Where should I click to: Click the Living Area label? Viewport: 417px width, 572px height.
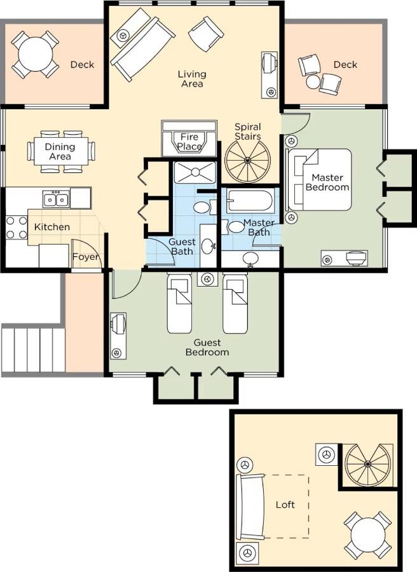pos(192,79)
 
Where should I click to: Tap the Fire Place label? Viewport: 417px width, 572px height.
pos(189,142)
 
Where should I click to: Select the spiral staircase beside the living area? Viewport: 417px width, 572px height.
pos(248,160)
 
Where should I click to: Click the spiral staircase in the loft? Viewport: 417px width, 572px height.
pos(367,464)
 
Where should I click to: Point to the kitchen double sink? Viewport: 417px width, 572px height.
pos(56,199)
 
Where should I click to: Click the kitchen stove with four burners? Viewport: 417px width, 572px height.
pos(17,228)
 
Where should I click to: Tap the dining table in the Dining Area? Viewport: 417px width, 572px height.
pos(60,151)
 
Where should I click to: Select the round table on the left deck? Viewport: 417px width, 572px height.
pos(35,55)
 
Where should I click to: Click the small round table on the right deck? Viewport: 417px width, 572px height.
pos(313,82)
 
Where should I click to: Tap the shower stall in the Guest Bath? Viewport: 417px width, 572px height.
pos(195,172)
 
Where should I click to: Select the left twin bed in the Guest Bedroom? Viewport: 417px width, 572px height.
pos(179,304)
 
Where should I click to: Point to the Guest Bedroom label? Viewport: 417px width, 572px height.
pos(207,347)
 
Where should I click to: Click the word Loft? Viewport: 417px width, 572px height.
pos(285,505)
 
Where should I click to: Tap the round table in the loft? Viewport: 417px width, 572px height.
pos(368,535)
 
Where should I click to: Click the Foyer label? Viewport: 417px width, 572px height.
pos(85,257)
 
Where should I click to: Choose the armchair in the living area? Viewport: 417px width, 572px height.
pos(206,34)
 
